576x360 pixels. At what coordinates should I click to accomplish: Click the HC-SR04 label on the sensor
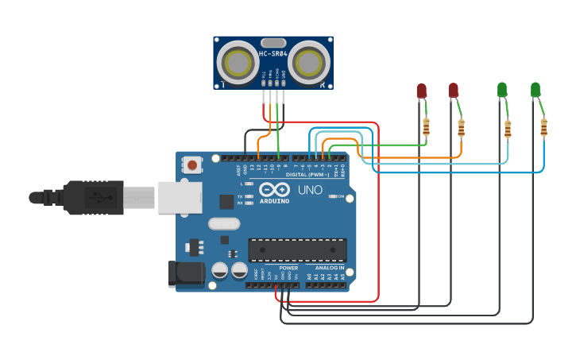pos(273,54)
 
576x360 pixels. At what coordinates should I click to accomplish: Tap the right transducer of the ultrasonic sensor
pos(307,62)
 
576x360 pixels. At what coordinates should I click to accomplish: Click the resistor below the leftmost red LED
pos(427,126)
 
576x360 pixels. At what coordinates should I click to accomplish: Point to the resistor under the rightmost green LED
pos(543,126)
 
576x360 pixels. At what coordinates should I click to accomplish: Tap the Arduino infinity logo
pos(273,190)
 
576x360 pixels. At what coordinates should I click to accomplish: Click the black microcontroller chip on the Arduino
pos(297,250)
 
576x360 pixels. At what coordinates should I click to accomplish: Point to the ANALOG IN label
pos(330,268)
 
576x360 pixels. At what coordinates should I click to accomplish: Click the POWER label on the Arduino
pos(288,268)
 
